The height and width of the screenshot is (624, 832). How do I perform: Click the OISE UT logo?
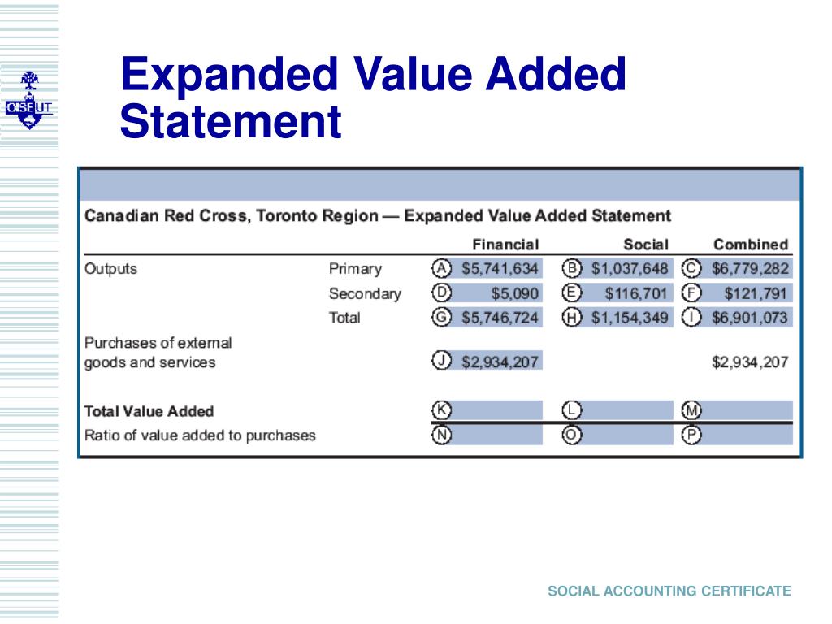click(x=29, y=101)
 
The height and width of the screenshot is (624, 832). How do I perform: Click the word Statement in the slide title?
click(x=230, y=122)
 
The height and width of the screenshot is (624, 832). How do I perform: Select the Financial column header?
click(x=505, y=244)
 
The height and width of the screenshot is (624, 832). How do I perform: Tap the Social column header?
click(x=646, y=244)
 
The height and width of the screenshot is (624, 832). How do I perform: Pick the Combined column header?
click(x=751, y=244)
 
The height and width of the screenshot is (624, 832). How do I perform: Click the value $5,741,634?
click(x=500, y=269)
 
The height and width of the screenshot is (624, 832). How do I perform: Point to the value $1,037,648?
click(x=630, y=269)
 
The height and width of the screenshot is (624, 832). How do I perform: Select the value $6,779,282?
click(x=750, y=269)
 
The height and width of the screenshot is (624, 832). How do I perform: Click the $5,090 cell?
click(x=514, y=293)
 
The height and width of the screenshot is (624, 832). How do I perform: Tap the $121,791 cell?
click(x=756, y=293)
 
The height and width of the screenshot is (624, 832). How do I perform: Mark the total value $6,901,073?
click(x=750, y=318)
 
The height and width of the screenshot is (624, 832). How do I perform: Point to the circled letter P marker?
click(x=691, y=435)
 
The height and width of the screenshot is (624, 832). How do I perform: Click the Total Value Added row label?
click(x=149, y=411)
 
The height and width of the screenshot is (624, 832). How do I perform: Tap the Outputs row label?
click(x=111, y=269)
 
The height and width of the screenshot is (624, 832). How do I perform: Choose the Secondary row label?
click(x=365, y=293)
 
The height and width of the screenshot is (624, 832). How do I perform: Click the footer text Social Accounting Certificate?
click(x=669, y=591)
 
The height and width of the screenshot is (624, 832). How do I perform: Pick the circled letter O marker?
click(x=572, y=435)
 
